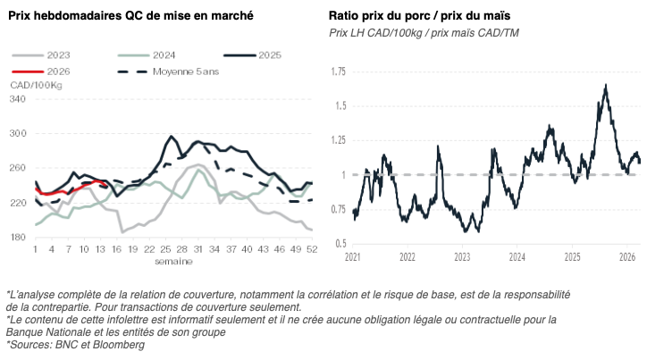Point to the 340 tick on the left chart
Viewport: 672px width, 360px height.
pos(18,98)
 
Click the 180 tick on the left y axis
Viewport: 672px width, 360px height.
pos(18,237)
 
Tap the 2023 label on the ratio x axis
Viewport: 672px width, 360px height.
pos(461,257)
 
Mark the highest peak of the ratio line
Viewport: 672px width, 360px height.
pos(606,85)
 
